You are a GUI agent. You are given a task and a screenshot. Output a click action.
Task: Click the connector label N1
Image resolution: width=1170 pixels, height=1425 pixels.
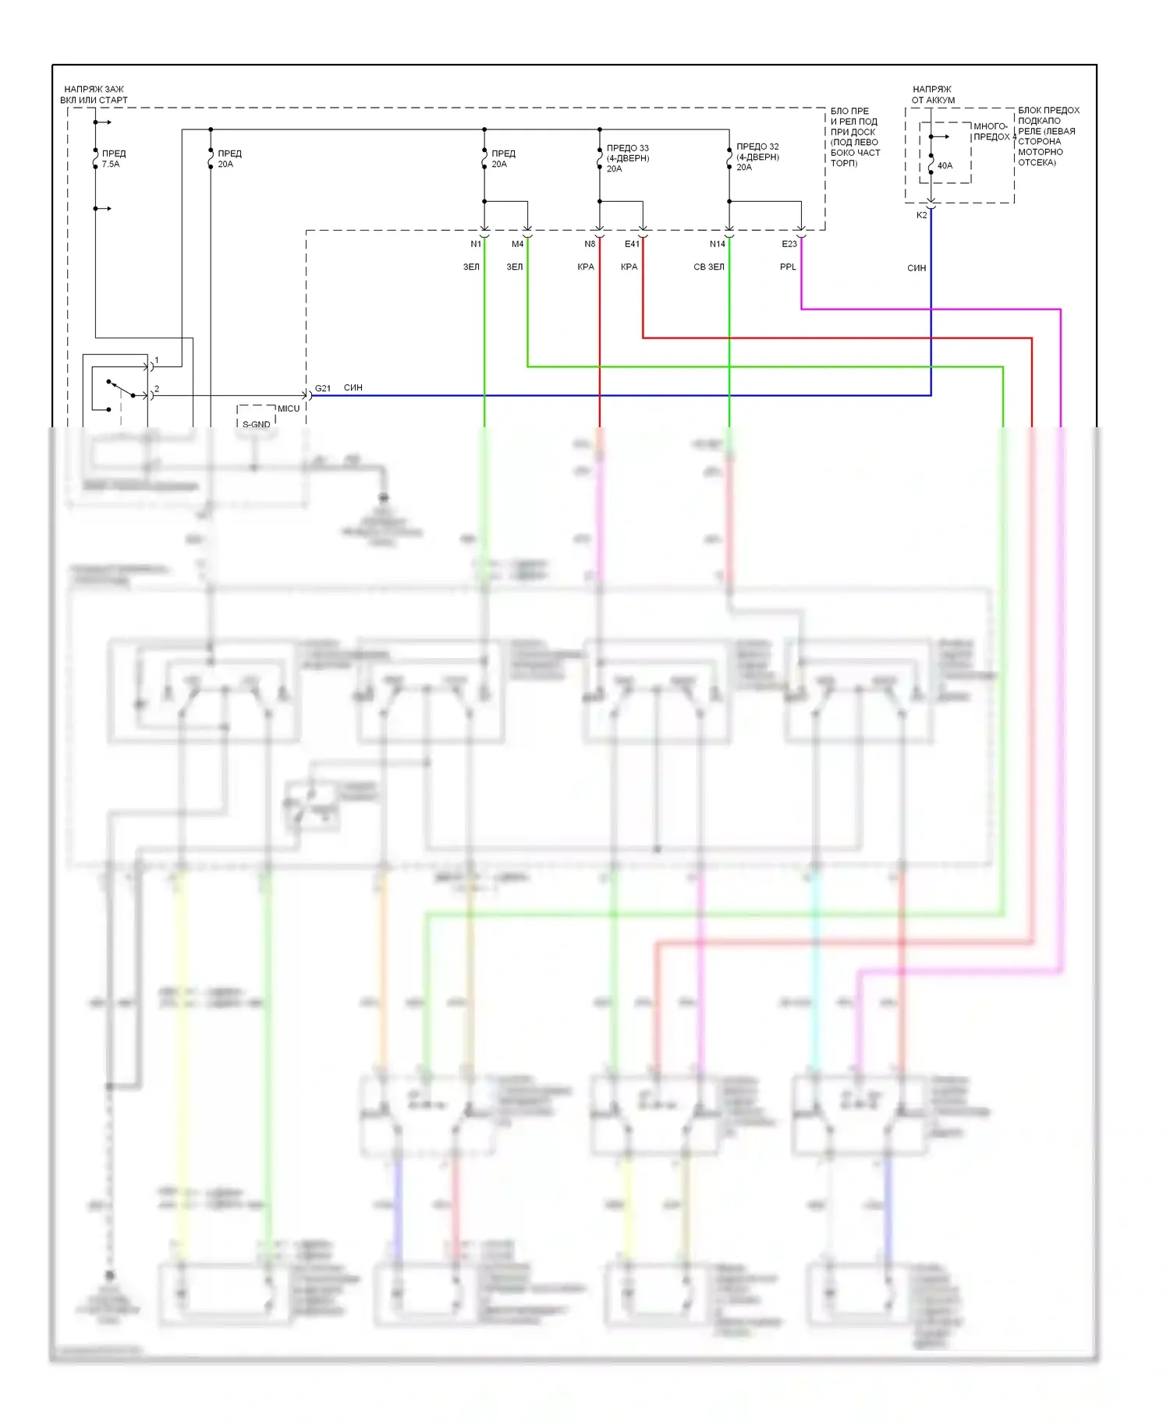[475, 244]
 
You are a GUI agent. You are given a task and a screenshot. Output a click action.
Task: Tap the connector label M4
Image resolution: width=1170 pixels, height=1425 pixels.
[517, 244]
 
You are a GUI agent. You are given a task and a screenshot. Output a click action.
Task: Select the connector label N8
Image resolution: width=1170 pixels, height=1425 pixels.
[590, 244]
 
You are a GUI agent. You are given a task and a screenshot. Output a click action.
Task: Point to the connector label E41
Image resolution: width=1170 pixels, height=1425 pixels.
[632, 244]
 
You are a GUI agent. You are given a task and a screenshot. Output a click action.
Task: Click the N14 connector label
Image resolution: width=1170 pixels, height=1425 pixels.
[717, 244]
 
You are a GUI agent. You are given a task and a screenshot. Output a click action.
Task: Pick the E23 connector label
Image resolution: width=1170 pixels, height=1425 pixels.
[789, 244]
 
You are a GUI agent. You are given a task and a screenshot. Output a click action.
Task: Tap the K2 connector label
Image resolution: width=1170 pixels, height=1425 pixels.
[921, 215]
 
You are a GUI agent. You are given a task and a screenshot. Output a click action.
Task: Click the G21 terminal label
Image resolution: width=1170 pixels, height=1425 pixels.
[323, 388]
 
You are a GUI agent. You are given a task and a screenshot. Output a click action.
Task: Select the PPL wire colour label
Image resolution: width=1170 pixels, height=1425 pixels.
[788, 267]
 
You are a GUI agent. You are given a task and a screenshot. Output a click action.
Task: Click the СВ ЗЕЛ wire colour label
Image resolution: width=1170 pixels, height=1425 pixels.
[708, 267]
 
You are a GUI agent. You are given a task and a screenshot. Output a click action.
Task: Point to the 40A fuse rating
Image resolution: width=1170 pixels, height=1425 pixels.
[945, 165]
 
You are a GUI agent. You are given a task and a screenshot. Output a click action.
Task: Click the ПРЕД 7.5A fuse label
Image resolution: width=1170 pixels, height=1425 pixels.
[113, 159]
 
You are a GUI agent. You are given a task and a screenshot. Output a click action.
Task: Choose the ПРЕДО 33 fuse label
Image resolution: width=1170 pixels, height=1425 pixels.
[627, 158]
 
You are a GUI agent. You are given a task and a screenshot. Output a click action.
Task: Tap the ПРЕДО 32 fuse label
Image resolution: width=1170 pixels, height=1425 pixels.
[757, 157]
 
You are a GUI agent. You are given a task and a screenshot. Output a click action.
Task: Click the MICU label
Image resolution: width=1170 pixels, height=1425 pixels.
[289, 408]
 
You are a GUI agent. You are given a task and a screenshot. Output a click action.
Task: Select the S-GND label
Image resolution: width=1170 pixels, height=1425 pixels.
[256, 425]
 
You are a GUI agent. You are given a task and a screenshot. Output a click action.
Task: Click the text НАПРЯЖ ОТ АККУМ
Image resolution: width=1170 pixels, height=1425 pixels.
[933, 94]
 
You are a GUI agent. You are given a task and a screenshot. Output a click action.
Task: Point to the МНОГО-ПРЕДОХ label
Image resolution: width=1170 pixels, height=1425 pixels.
[991, 131]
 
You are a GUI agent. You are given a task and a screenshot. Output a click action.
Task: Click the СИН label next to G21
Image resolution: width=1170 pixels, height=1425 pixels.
[353, 387]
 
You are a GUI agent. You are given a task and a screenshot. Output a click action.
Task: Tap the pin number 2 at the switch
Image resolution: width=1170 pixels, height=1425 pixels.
[157, 388]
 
